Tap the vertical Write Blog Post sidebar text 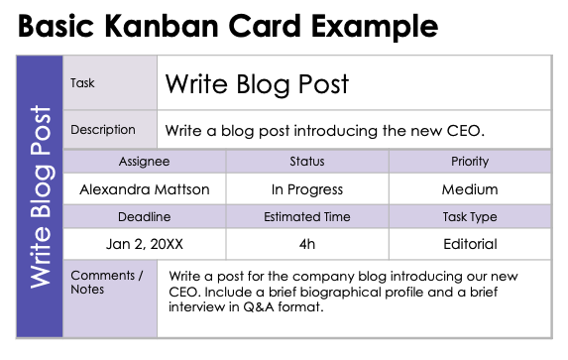[x=41, y=197]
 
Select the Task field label [x=82, y=83]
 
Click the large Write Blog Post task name [x=257, y=84]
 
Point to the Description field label [x=103, y=130]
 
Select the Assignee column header [x=145, y=162]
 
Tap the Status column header [x=307, y=162]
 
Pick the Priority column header [x=469, y=162]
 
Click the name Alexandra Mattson [x=145, y=188]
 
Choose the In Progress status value [x=307, y=188]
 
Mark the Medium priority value [x=469, y=188]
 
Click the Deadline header [x=145, y=217]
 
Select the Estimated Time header [x=307, y=217]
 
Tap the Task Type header [x=469, y=217]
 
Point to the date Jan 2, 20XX [x=145, y=244]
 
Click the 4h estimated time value [x=307, y=244]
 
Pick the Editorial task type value [x=469, y=244]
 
